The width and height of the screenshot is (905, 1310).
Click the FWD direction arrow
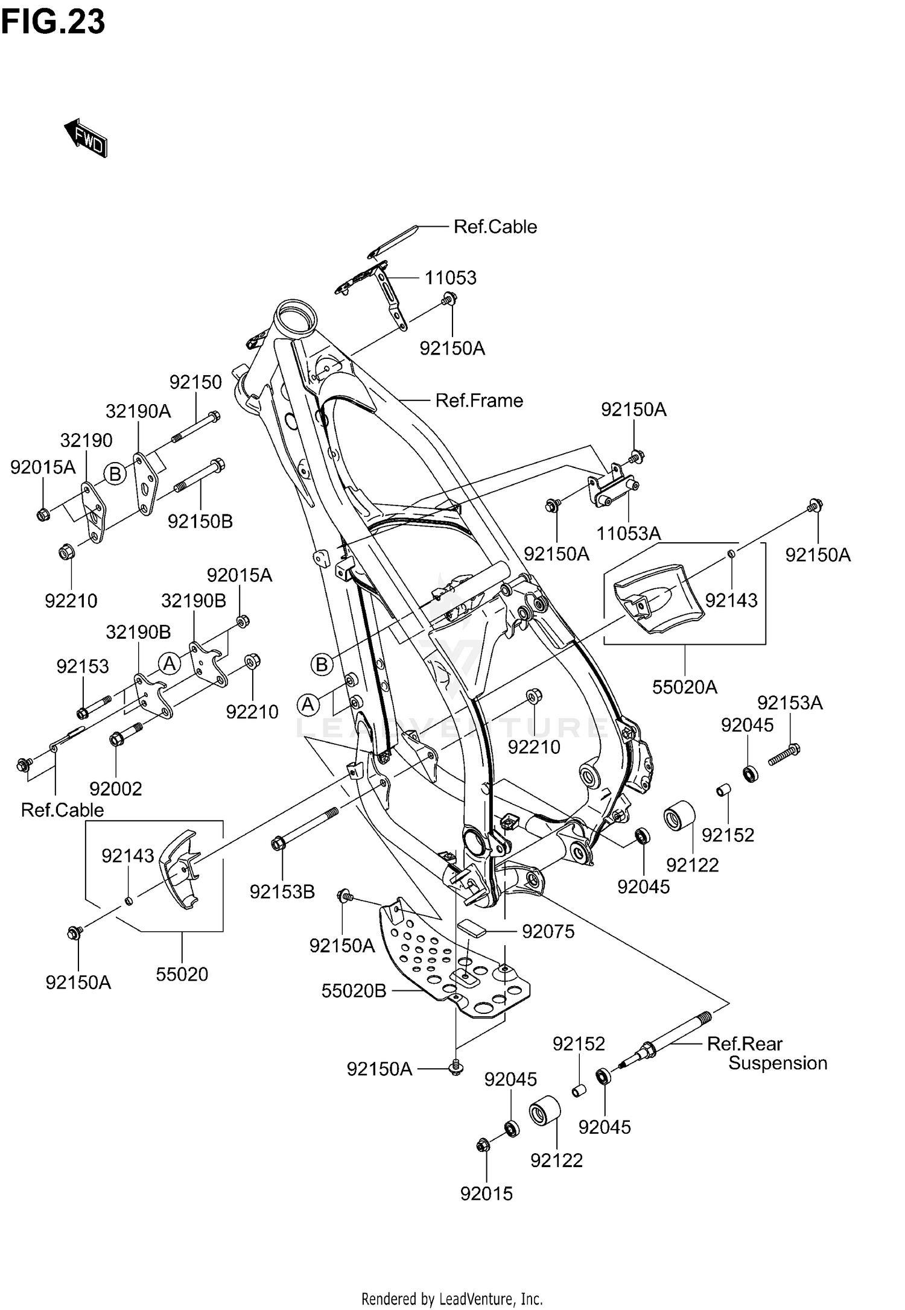click(x=86, y=138)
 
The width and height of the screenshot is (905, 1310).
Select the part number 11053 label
click(x=450, y=278)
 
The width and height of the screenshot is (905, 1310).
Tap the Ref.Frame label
click(x=479, y=400)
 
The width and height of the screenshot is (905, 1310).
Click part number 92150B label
click(x=200, y=521)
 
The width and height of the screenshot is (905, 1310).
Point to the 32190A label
click(x=138, y=411)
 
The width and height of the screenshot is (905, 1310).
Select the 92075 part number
click(x=548, y=932)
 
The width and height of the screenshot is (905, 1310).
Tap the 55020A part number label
click(x=685, y=687)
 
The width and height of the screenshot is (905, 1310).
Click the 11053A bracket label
click(x=629, y=534)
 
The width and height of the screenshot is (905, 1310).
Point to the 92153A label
click(x=790, y=703)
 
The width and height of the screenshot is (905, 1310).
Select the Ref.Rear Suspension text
click(x=766, y=1053)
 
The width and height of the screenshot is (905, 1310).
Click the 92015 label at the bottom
click(x=486, y=1194)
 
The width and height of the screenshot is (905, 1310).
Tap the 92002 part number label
click(x=116, y=789)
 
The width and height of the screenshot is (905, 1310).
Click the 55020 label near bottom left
click(x=182, y=974)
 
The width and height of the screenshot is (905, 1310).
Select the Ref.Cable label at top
click(x=495, y=227)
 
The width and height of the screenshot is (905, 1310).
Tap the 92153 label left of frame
click(x=83, y=666)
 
